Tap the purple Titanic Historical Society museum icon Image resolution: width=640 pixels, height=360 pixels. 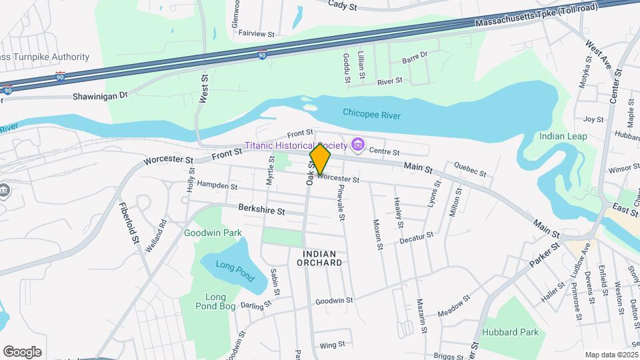[357, 144]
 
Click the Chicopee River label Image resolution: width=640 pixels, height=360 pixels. [371, 115]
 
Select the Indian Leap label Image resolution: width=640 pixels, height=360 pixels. [563, 136]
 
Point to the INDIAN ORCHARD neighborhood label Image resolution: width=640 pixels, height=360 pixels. [322, 258]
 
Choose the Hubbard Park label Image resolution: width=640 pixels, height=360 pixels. [519, 332]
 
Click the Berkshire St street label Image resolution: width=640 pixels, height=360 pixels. [262, 210]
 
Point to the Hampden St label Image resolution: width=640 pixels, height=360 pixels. [217, 186]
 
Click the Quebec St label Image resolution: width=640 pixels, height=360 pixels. [469, 169]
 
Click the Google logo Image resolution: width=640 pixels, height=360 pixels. [22, 352]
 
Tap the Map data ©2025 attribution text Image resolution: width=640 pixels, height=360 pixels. [611, 355]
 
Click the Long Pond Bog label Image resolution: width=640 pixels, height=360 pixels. [215, 301]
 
